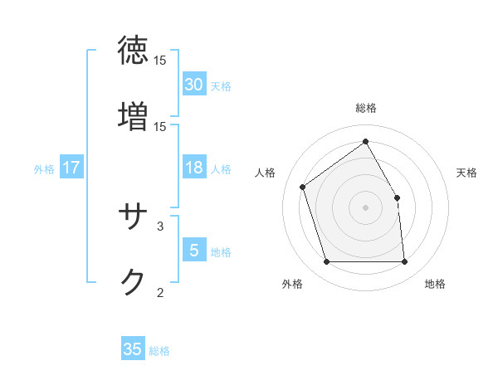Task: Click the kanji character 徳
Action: [134, 51]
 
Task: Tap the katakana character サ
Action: [134, 217]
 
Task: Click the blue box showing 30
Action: [194, 85]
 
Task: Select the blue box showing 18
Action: [194, 168]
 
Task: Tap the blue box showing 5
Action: [194, 250]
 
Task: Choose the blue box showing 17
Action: [71, 168]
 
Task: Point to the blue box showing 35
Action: [133, 349]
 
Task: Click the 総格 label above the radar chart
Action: [366, 108]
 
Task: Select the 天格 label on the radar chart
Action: [467, 173]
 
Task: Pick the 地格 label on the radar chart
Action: [435, 284]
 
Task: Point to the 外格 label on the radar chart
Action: [292, 284]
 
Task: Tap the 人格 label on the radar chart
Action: [266, 173]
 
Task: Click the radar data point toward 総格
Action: [366, 141]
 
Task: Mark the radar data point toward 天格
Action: [397, 197]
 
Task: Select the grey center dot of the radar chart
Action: [366, 207]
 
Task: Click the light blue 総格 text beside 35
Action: [159, 351]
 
